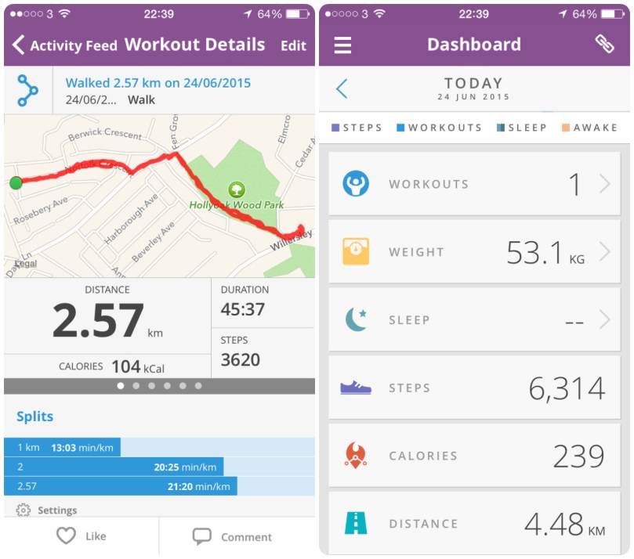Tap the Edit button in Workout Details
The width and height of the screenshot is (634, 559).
293,45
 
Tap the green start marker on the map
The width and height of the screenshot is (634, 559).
16,183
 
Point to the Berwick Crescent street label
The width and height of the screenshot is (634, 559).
105,135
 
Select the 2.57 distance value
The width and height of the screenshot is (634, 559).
98,321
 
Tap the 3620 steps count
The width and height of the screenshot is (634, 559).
240,360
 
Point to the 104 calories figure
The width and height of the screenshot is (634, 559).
125,366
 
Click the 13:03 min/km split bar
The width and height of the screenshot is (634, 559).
62,448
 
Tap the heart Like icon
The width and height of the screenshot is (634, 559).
67,536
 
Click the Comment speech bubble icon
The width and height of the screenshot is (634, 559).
202,536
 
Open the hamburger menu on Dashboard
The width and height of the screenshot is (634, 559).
342,45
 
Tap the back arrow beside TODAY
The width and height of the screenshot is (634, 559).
342,88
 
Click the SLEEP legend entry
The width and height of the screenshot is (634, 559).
522,128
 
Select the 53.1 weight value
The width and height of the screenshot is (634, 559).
534,253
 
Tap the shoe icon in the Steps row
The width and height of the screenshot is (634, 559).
356,388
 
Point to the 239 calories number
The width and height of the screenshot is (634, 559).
578,456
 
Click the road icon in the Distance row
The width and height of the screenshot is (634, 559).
356,523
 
